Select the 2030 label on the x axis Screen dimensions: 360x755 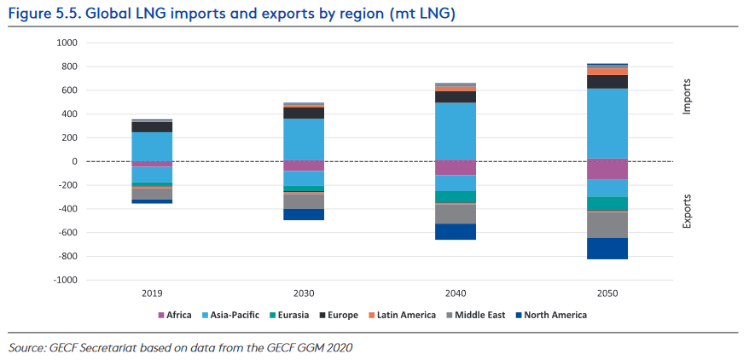[304, 293]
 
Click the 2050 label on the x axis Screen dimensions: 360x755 [607, 293]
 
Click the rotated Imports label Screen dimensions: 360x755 [688, 96]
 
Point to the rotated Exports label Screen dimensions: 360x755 [688, 212]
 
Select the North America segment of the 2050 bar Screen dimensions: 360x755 [607, 248]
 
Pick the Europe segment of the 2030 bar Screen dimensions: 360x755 [304, 113]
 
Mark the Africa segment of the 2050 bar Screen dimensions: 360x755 [607, 169]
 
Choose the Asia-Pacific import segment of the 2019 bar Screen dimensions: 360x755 [152, 146]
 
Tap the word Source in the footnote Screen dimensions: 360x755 [27, 347]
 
